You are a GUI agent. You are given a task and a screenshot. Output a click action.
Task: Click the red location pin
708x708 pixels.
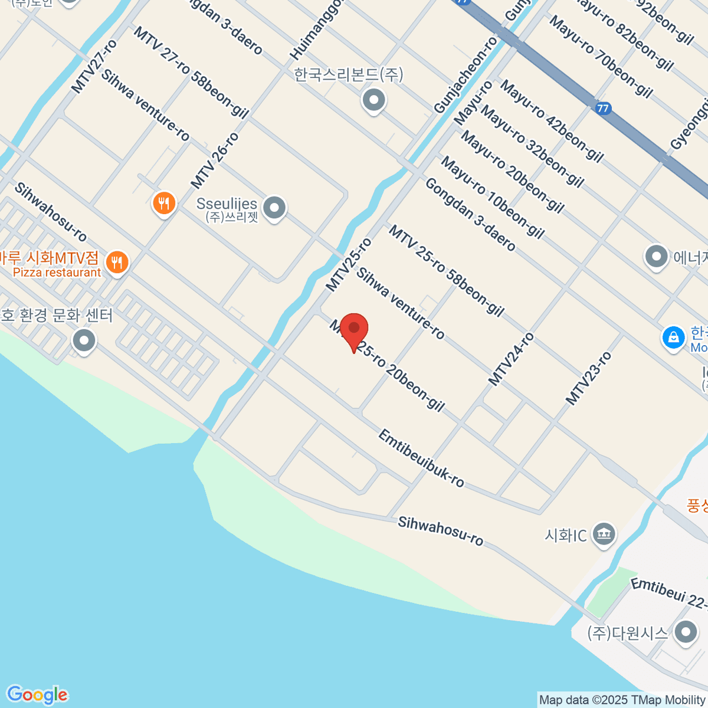pyautogui.click(x=354, y=330)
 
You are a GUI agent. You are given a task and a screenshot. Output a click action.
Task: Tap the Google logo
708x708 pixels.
pyautogui.click(x=37, y=694)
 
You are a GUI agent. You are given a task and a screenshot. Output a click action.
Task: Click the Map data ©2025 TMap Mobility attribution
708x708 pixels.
pyautogui.click(x=622, y=700)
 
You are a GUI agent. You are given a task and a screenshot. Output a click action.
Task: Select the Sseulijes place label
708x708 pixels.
pyautogui.click(x=227, y=204)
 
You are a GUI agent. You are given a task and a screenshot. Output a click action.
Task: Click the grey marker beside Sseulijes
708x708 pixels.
pyautogui.click(x=274, y=208)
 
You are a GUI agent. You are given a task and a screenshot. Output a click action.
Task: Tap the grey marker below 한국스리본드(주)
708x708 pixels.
pyautogui.click(x=373, y=100)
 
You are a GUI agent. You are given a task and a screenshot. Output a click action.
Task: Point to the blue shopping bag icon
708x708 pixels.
pyautogui.click(x=673, y=337)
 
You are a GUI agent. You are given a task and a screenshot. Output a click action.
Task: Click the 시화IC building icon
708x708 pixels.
pyautogui.click(x=604, y=535)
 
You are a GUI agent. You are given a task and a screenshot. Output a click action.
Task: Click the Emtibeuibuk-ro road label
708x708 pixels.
pyautogui.click(x=421, y=458)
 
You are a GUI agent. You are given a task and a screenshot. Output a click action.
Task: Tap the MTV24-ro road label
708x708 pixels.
pyautogui.click(x=512, y=359)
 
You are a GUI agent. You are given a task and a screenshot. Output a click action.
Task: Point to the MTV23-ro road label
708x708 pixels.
pyautogui.click(x=589, y=378)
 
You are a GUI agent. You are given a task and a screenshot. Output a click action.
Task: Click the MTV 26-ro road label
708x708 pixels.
pyautogui.click(x=215, y=160)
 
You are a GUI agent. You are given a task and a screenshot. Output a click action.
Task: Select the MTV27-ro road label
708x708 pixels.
pyautogui.click(x=94, y=66)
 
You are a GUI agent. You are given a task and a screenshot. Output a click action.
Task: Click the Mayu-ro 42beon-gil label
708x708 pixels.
pyautogui.click(x=552, y=121)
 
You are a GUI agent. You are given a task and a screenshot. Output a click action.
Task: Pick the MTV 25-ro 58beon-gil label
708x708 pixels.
pyautogui.click(x=446, y=271)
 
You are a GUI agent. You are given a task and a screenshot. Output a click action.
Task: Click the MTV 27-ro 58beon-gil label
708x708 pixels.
pyautogui.click(x=191, y=72)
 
